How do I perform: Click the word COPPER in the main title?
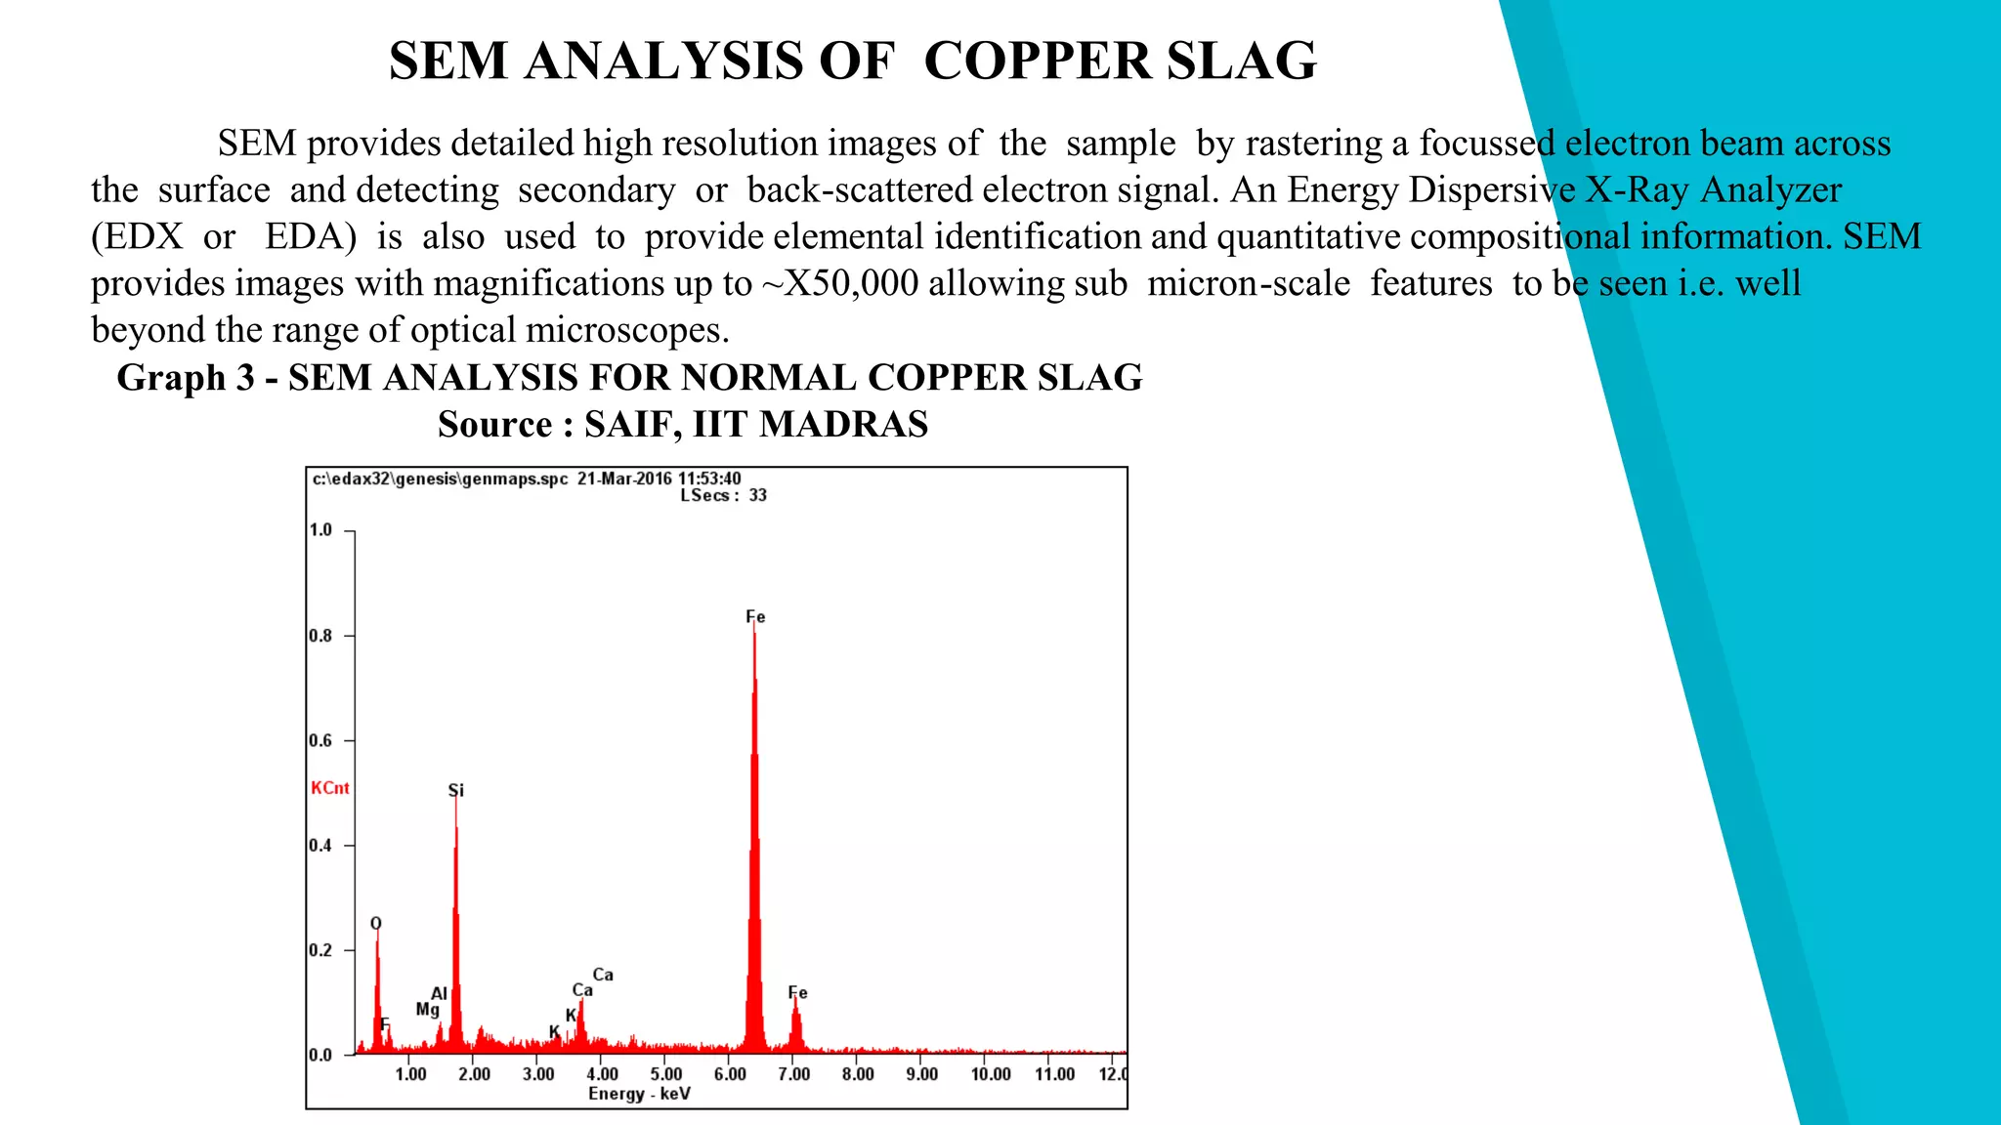coord(1038,62)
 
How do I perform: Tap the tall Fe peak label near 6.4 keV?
coord(755,617)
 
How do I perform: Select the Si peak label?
coord(455,790)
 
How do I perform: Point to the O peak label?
coord(376,924)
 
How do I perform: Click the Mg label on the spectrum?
coord(427,1010)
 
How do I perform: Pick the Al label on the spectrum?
coord(439,993)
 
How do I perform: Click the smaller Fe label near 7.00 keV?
coord(797,993)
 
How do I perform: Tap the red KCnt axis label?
coord(329,788)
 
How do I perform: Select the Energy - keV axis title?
coord(639,1094)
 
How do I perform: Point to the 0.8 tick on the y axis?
coord(320,636)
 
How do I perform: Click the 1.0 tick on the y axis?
coord(320,530)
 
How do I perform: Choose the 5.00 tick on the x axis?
coord(665,1074)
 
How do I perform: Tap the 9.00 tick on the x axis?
coord(921,1074)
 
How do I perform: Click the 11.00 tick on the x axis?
coord(1054,1074)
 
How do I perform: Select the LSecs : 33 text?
coord(723,495)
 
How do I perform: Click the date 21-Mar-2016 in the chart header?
coord(624,479)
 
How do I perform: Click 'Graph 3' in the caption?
coord(186,378)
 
